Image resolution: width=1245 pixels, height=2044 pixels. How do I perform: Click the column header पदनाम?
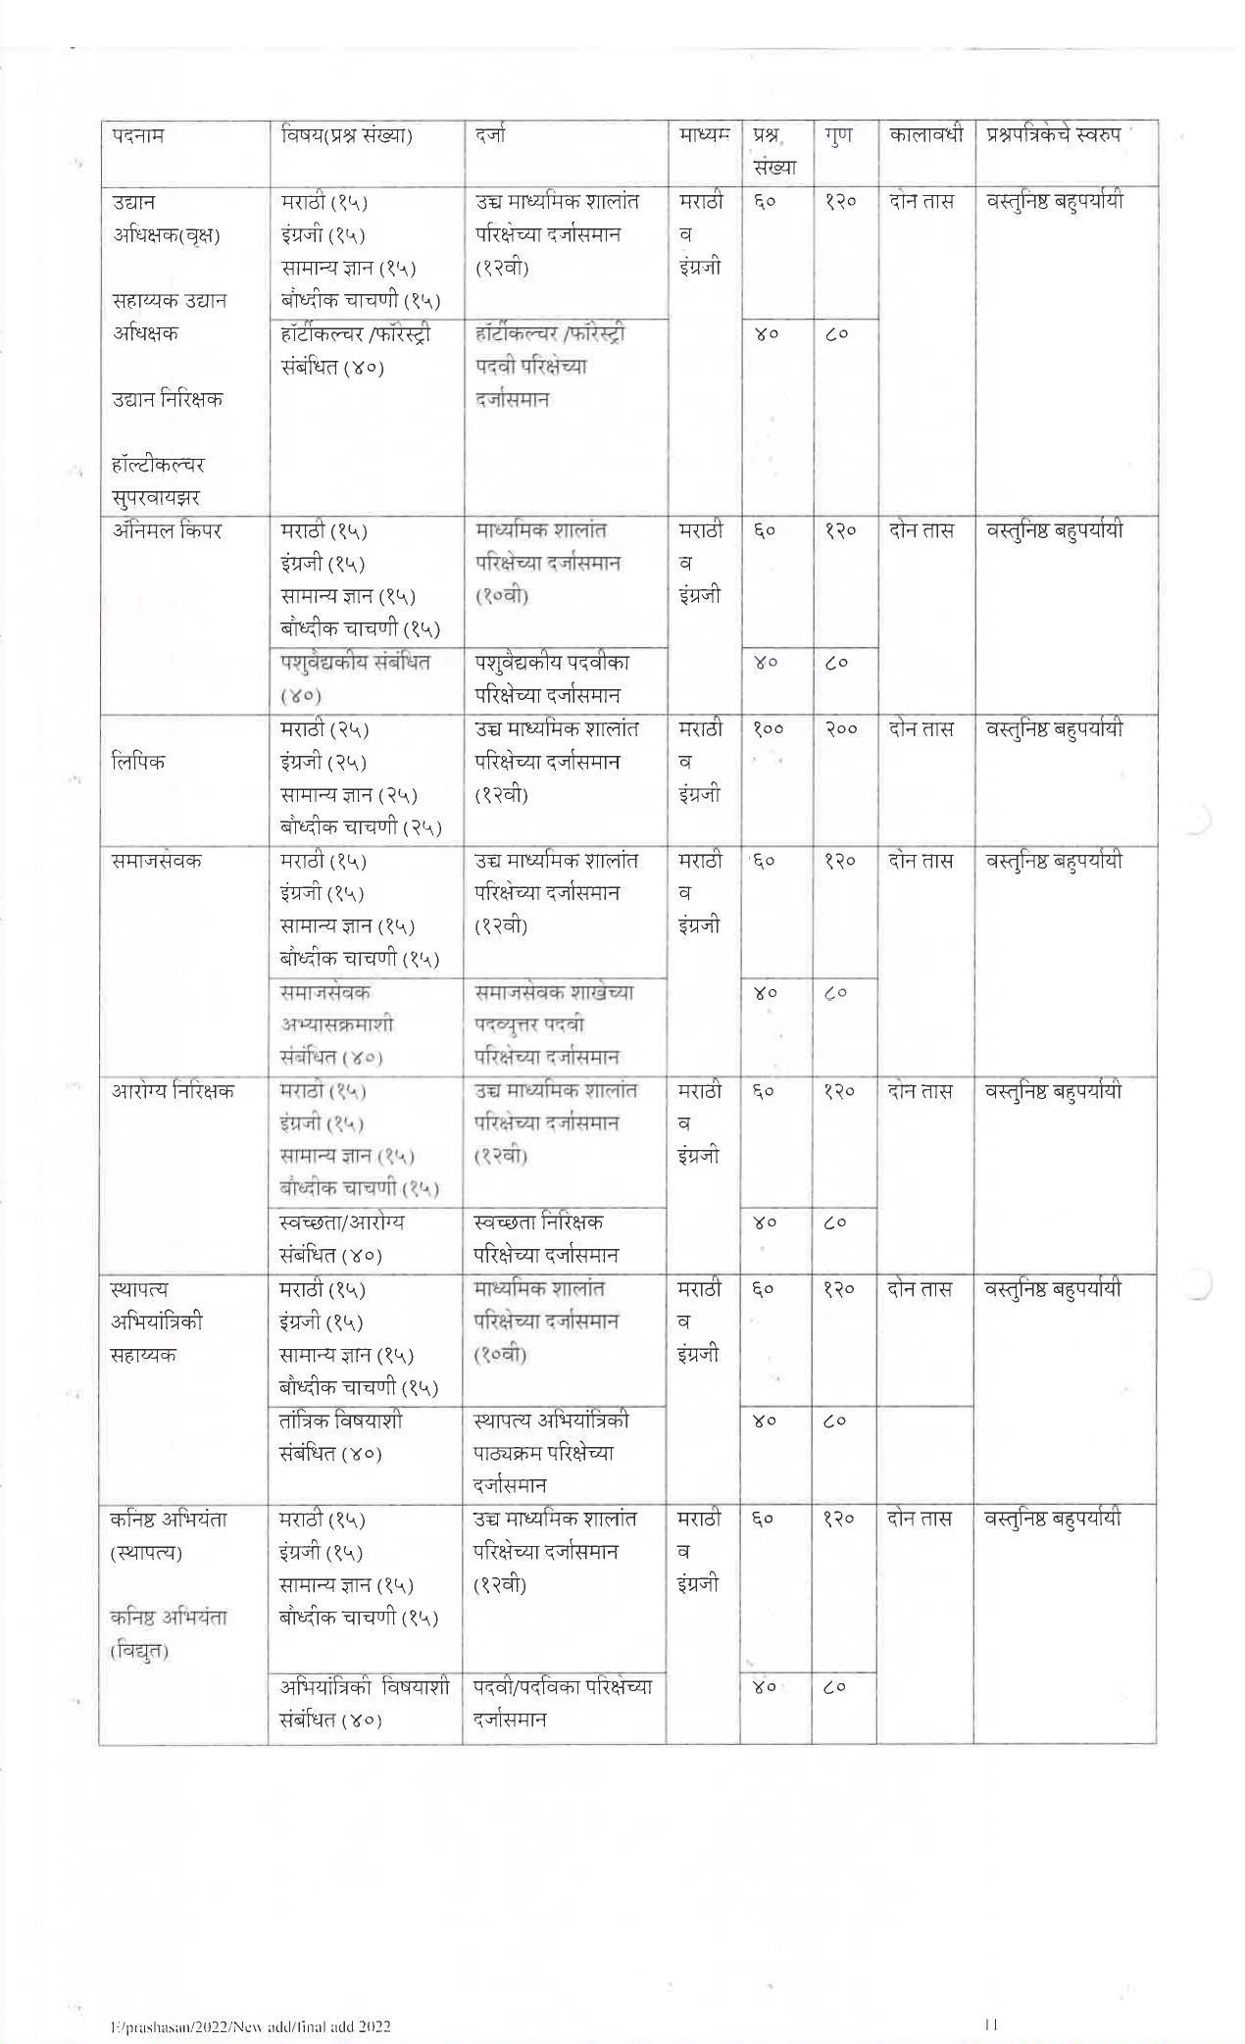(x=137, y=135)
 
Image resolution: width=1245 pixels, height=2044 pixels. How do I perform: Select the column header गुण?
(x=838, y=134)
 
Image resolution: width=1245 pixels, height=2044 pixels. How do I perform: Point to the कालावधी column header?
(x=925, y=134)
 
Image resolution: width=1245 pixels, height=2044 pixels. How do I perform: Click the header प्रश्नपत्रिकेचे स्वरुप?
(x=1053, y=134)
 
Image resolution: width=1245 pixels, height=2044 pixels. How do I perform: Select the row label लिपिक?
(x=138, y=762)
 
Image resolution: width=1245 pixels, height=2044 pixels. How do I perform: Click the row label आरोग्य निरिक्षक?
(x=173, y=1091)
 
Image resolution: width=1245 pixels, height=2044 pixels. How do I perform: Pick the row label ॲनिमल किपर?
(x=167, y=530)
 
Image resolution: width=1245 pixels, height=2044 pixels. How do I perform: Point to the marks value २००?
(x=840, y=729)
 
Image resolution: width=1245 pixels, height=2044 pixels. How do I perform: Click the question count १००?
(x=771, y=729)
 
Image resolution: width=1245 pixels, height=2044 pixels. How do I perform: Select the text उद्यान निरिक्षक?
(x=168, y=399)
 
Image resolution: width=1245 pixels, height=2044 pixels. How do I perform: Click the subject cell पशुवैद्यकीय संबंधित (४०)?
(x=355, y=678)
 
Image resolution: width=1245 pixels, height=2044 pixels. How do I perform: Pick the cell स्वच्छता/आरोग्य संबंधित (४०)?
(x=341, y=1238)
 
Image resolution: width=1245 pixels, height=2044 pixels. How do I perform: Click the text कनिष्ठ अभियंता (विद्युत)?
(x=169, y=1634)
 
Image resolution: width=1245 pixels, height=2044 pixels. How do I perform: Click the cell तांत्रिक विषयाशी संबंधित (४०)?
(x=340, y=1436)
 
